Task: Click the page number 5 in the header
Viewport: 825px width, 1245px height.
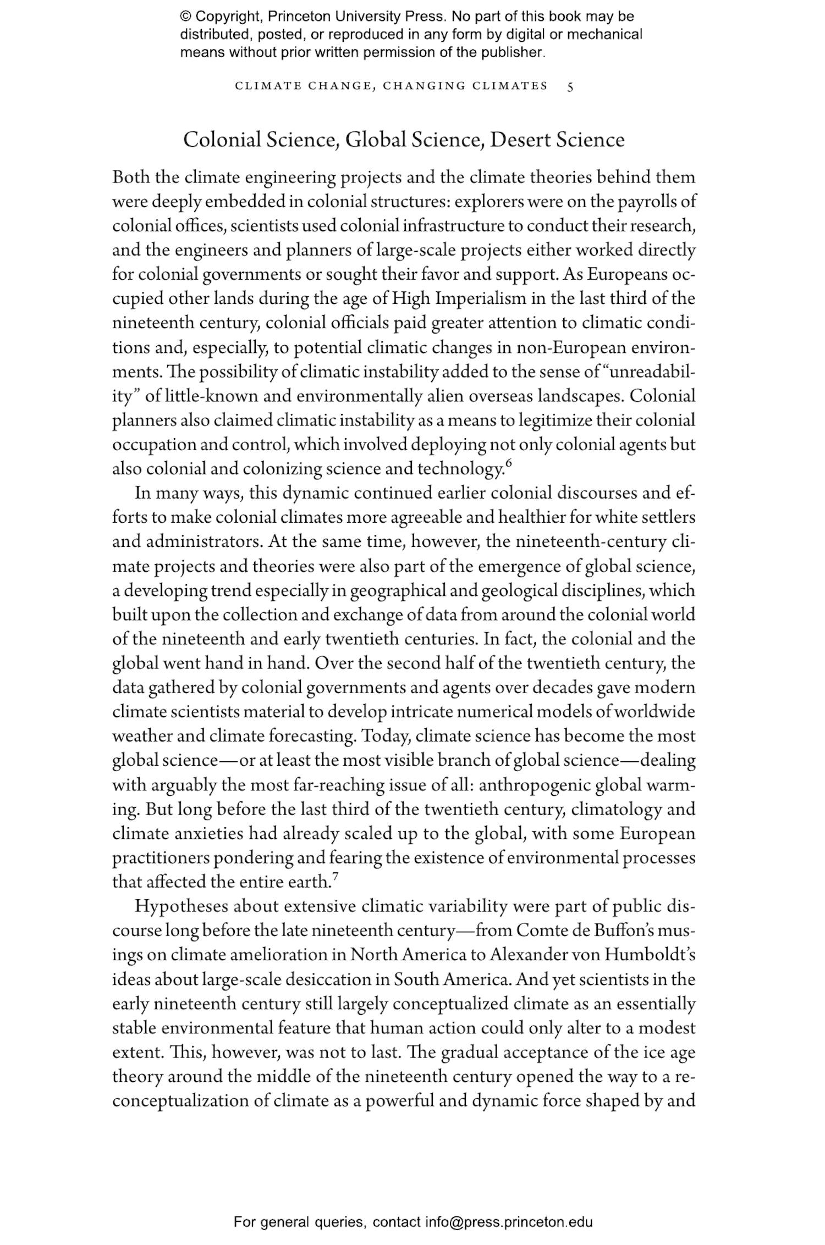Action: tap(570, 86)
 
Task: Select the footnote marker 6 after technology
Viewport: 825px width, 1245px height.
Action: tap(508, 464)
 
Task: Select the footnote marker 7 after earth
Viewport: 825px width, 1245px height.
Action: tap(335, 877)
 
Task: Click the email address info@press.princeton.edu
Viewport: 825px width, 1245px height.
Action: tap(509, 1222)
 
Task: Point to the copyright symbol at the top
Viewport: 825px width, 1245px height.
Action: tap(185, 16)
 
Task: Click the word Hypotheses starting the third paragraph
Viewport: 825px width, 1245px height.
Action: tap(180, 906)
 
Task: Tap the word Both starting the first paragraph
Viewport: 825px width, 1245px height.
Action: tap(131, 178)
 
